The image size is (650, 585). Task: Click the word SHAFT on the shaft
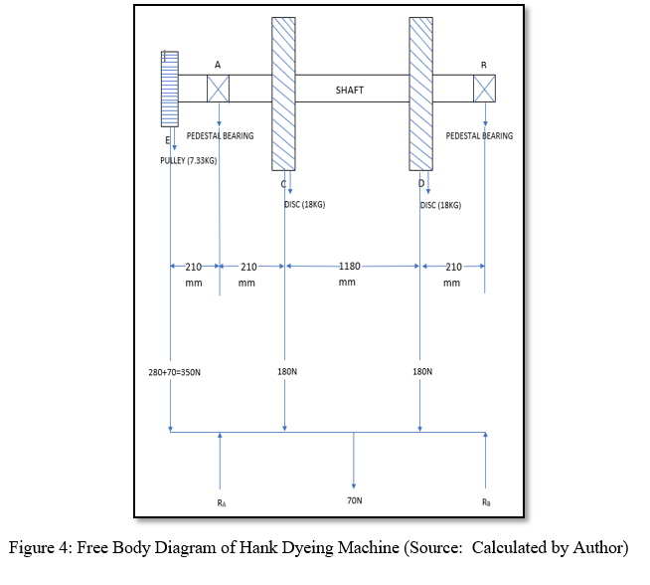click(x=349, y=90)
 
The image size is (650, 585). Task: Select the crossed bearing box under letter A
click(x=218, y=89)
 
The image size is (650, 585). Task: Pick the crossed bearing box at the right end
click(x=484, y=88)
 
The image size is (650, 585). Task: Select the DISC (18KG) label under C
click(x=304, y=205)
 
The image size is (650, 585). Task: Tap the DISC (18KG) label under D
click(x=440, y=205)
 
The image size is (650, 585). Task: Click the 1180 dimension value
click(x=350, y=266)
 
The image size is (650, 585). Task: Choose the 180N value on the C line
click(x=284, y=371)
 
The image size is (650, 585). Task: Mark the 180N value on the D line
click(x=421, y=371)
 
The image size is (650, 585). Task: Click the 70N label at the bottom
click(x=354, y=501)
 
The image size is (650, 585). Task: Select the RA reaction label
click(x=221, y=502)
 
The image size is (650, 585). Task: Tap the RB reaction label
click(x=485, y=502)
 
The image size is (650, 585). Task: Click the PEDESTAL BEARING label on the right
click(x=479, y=136)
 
